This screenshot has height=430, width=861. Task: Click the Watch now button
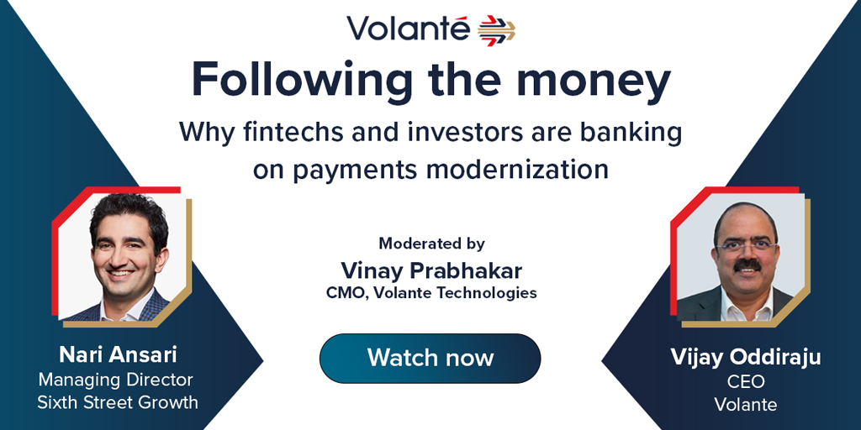pyautogui.click(x=430, y=358)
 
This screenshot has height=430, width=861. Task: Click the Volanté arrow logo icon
pyautogui.click(x=496, y=29)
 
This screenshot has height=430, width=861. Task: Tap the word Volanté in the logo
pyautogui.click(x=409, y=29)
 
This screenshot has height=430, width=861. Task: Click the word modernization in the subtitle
pyautogui.click(x=517, y=170)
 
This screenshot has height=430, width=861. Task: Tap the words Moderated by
pyautogui.click(x=431, y=243)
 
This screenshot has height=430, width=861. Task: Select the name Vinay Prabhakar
pyautogui.click(x=431, y=270)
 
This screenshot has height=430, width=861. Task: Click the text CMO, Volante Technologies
pyautogui.click(x=431, y=293)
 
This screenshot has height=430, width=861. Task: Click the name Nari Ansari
pyautogui.click(x=118, y=355)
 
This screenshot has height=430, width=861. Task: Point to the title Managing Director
pyautogui.click(x=115, y=380)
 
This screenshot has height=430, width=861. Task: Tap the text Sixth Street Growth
pyautogui.click(x=118, y=402)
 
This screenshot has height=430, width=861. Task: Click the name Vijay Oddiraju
pyautogui.click(x=746, y=358)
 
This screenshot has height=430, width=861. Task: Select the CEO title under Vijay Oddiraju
pyautogui.click(x=746, y=382)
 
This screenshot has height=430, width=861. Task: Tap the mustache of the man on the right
pyautogui.click(x=747, y=265)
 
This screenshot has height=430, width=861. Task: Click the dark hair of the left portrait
pyautogui.click(x=129, y=215)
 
